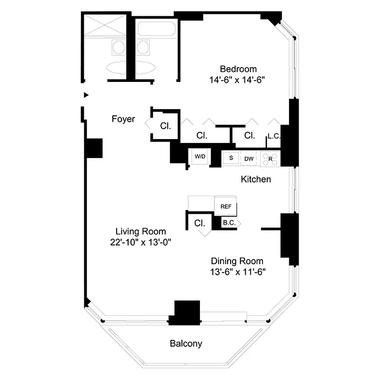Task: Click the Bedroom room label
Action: [238, 69]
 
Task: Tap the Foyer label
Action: [123, 119]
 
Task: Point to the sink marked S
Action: [231, 158]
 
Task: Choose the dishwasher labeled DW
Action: [249, 158]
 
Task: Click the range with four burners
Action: [271, 158]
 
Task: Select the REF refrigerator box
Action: [226, 207]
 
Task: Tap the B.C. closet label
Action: [228, 222]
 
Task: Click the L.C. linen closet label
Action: [274, 136]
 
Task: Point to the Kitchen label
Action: [256, 180]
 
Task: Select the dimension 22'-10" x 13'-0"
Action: [140, 242]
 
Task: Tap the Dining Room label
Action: [237, 261]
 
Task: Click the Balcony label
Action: [186, 343]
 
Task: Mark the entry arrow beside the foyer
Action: [86, 95]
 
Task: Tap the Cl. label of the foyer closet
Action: [166, 126]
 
